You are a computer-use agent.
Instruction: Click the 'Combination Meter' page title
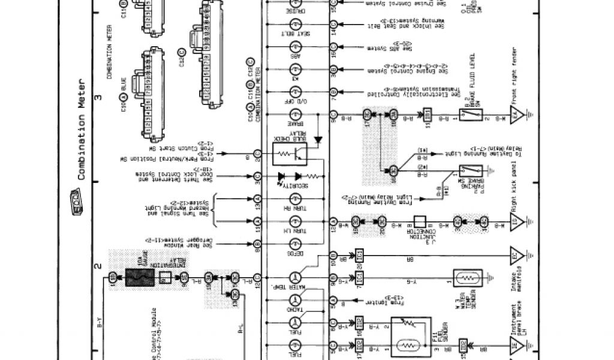[x=83, y=130]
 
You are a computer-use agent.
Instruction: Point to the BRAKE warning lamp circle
[x=295, y=114]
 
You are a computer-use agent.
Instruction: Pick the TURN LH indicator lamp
[x=295, y=222]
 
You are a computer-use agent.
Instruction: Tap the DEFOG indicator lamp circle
[x=295, y=244]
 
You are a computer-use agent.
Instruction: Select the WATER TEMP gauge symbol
[x=295, y=277]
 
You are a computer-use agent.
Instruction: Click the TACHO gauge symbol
[x=295, y=299]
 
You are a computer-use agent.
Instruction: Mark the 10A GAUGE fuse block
[x=140, y=277]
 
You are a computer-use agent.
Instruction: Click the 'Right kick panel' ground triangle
[x=516, y=222]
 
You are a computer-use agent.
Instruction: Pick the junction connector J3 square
[x=420, y=222]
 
